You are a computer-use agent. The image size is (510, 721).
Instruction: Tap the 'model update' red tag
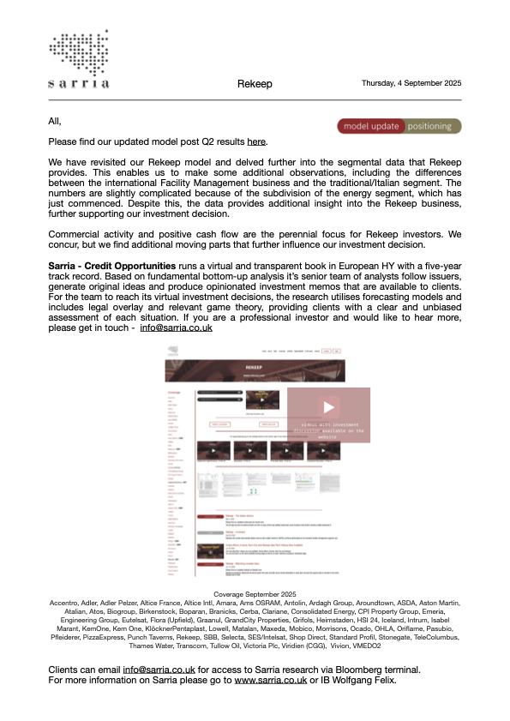click(x=371, y=126)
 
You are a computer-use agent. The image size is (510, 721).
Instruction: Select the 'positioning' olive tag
click(x=434, y=126)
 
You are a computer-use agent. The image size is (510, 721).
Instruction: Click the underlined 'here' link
click(x=257, y=141)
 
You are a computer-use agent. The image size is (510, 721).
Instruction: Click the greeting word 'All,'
click(x=56, y=121)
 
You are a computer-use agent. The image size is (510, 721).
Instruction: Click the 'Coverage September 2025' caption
click(x=254, y=593)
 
